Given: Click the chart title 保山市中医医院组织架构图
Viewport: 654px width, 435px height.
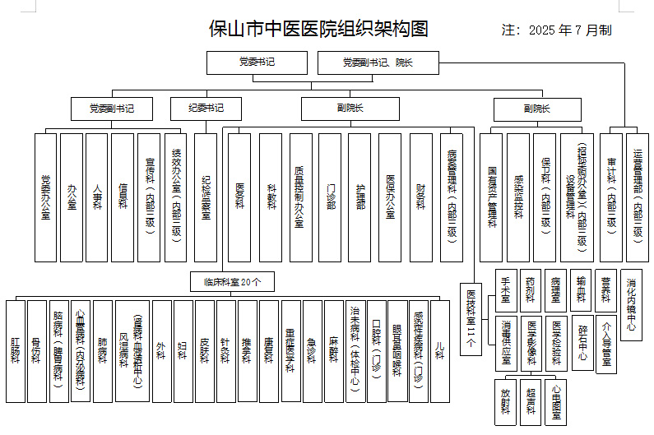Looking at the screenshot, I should coord(319,30).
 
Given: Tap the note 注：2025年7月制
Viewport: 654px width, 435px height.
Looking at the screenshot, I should coord(557,30).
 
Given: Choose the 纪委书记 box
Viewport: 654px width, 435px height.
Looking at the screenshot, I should coord(206,108).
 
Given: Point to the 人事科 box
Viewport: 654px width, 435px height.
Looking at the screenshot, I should coord(97,197).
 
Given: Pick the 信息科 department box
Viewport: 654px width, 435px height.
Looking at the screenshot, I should coord(123,197).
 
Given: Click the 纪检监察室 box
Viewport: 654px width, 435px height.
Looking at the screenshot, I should coord(206,197).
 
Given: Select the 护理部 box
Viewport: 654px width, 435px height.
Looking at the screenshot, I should coord(360,197).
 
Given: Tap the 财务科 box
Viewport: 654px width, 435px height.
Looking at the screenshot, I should coord(420,197).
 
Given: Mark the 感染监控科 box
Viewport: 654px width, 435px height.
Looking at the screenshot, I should coord(518,197).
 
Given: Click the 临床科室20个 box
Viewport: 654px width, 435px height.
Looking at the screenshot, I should coord(233,282).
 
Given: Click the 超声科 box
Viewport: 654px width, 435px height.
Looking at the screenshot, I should coord(531,401).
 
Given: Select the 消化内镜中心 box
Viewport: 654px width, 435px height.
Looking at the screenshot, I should coord(631,303).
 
